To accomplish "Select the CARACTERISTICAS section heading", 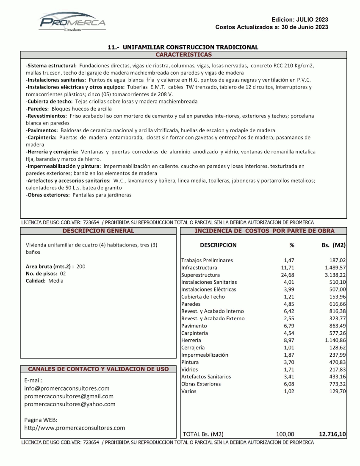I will click(x=183, y=55).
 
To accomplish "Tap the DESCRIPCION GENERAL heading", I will click(x=98, y=231).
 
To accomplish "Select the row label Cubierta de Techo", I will click(x=203, y=297).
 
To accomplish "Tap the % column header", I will click(x=291, y=245).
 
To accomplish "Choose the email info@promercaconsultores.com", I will click(x=67, y=388).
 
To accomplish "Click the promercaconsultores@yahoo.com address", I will click(x=70, y=404).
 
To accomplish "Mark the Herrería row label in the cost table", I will click(x=191, y=340).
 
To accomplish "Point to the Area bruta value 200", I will click(x=81, y=266).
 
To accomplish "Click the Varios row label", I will click(x=189, y=391).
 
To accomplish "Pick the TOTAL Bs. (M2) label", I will click(x=203, y=434).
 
